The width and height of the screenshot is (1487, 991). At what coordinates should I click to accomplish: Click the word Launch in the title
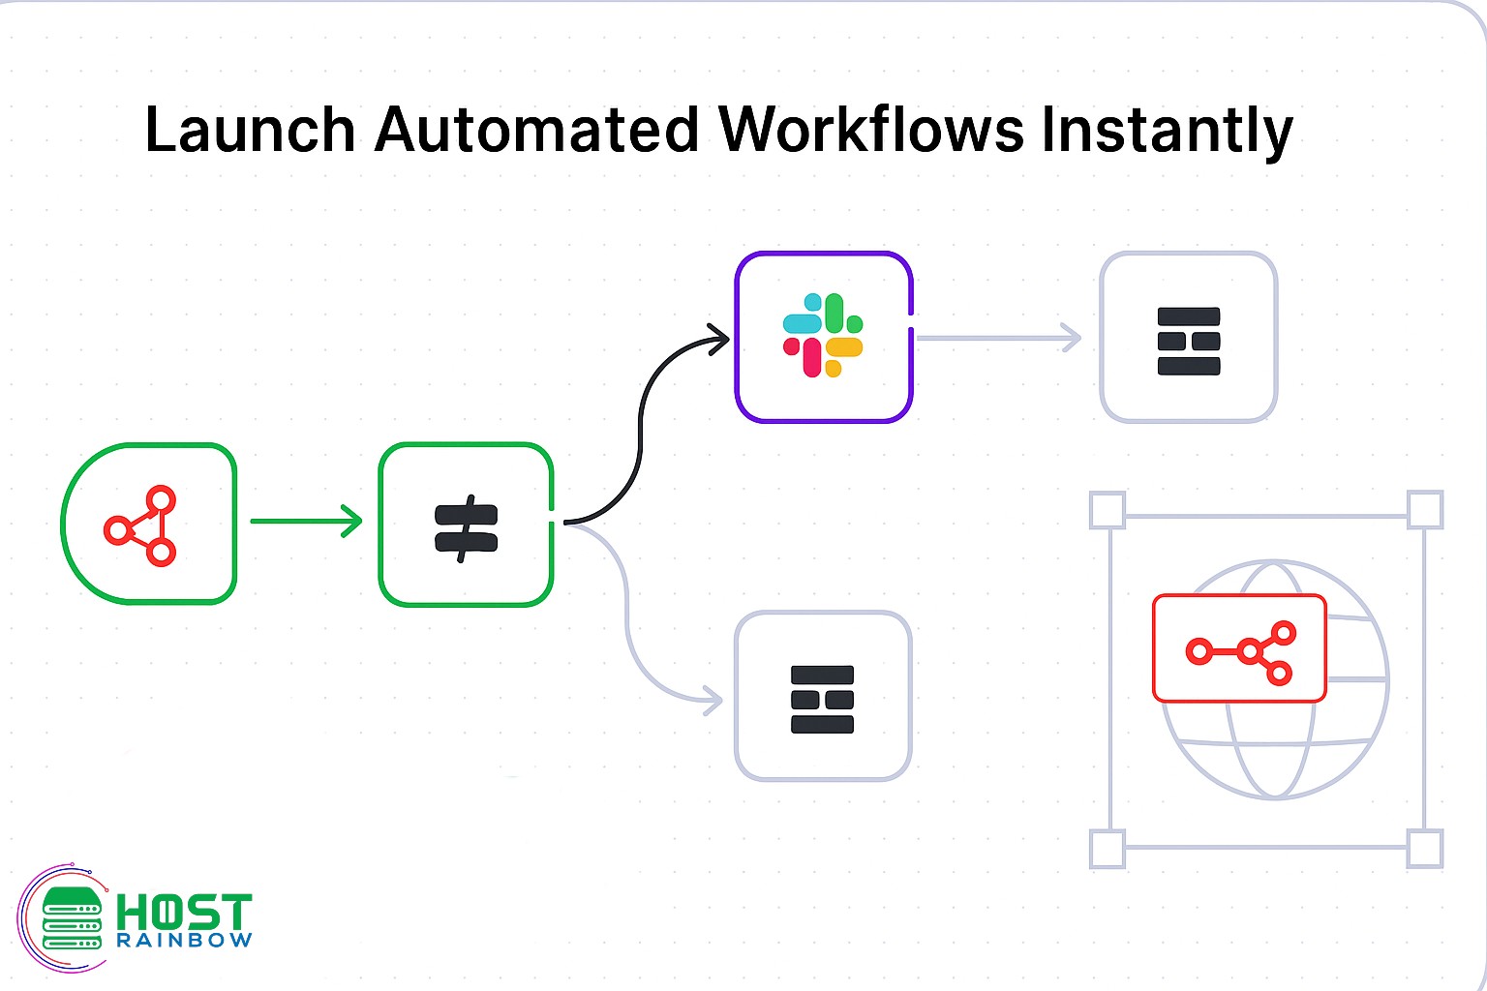pyautogui.click(x=250, y=130)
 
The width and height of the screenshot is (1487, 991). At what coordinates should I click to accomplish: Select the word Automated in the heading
pyautogui.click(x=535, y=130)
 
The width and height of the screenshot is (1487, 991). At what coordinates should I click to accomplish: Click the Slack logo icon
pyautogui.click(x=823, y=336)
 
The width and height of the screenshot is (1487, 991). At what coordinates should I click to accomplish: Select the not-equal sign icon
pyautogui.click(x=466, y=528)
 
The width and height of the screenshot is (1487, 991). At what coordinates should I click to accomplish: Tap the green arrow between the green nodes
pyautogui.click(x=306, y=522)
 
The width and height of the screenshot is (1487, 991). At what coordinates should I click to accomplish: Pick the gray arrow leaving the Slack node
pyautogui.click(x=997, y=338)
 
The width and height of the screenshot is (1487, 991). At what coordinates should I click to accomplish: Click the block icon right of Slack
pyautogui.click(x=1189, y=341)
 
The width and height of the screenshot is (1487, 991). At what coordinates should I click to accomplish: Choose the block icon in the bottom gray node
pyautogui.click(x=822, y=700)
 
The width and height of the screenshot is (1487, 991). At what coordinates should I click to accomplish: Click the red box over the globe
pyautogui.click(x=1239, y=647)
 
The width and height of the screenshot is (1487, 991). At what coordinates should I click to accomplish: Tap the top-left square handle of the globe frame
pyautogui.click(x=1108, y=510)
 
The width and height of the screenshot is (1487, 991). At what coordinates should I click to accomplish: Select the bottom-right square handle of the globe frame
pyautogui.click(x=1425, y=849)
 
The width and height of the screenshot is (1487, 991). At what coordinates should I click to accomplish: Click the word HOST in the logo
pyautogui.click(x=184, y=913)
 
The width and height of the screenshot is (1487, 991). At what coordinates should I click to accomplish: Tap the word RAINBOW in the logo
pyautogui.click(x=184, y=941)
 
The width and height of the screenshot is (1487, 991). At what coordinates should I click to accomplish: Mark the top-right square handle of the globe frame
pyautogui.click(x=1425, y=510)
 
